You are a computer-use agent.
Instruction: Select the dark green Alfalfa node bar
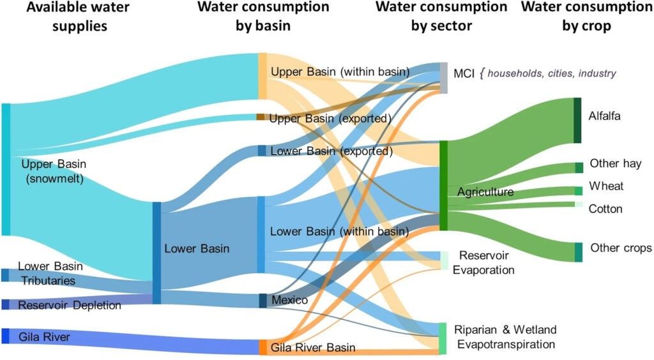click(577, 120)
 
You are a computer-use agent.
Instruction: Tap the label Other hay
click(615, 163)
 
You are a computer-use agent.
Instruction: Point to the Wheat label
click(606, 186)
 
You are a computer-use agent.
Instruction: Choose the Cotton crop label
click(605, 209)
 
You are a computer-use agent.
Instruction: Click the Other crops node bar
click(578, 252)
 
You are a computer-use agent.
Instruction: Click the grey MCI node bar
click(443, 77)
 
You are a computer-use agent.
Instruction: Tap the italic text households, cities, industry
click(552, 73)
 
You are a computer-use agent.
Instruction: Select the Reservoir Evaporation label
click(483, 262)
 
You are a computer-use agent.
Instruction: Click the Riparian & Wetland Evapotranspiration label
click(505, 337)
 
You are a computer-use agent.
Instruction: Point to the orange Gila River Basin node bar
click(262, 347)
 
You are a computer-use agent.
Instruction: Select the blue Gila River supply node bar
click(5, 336)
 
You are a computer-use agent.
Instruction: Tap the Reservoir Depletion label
click(70, 305)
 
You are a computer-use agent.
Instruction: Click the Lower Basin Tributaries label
click(50, 273)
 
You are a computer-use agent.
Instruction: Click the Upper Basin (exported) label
click(330, 118)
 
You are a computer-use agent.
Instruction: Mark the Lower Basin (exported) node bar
click(262, 151)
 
